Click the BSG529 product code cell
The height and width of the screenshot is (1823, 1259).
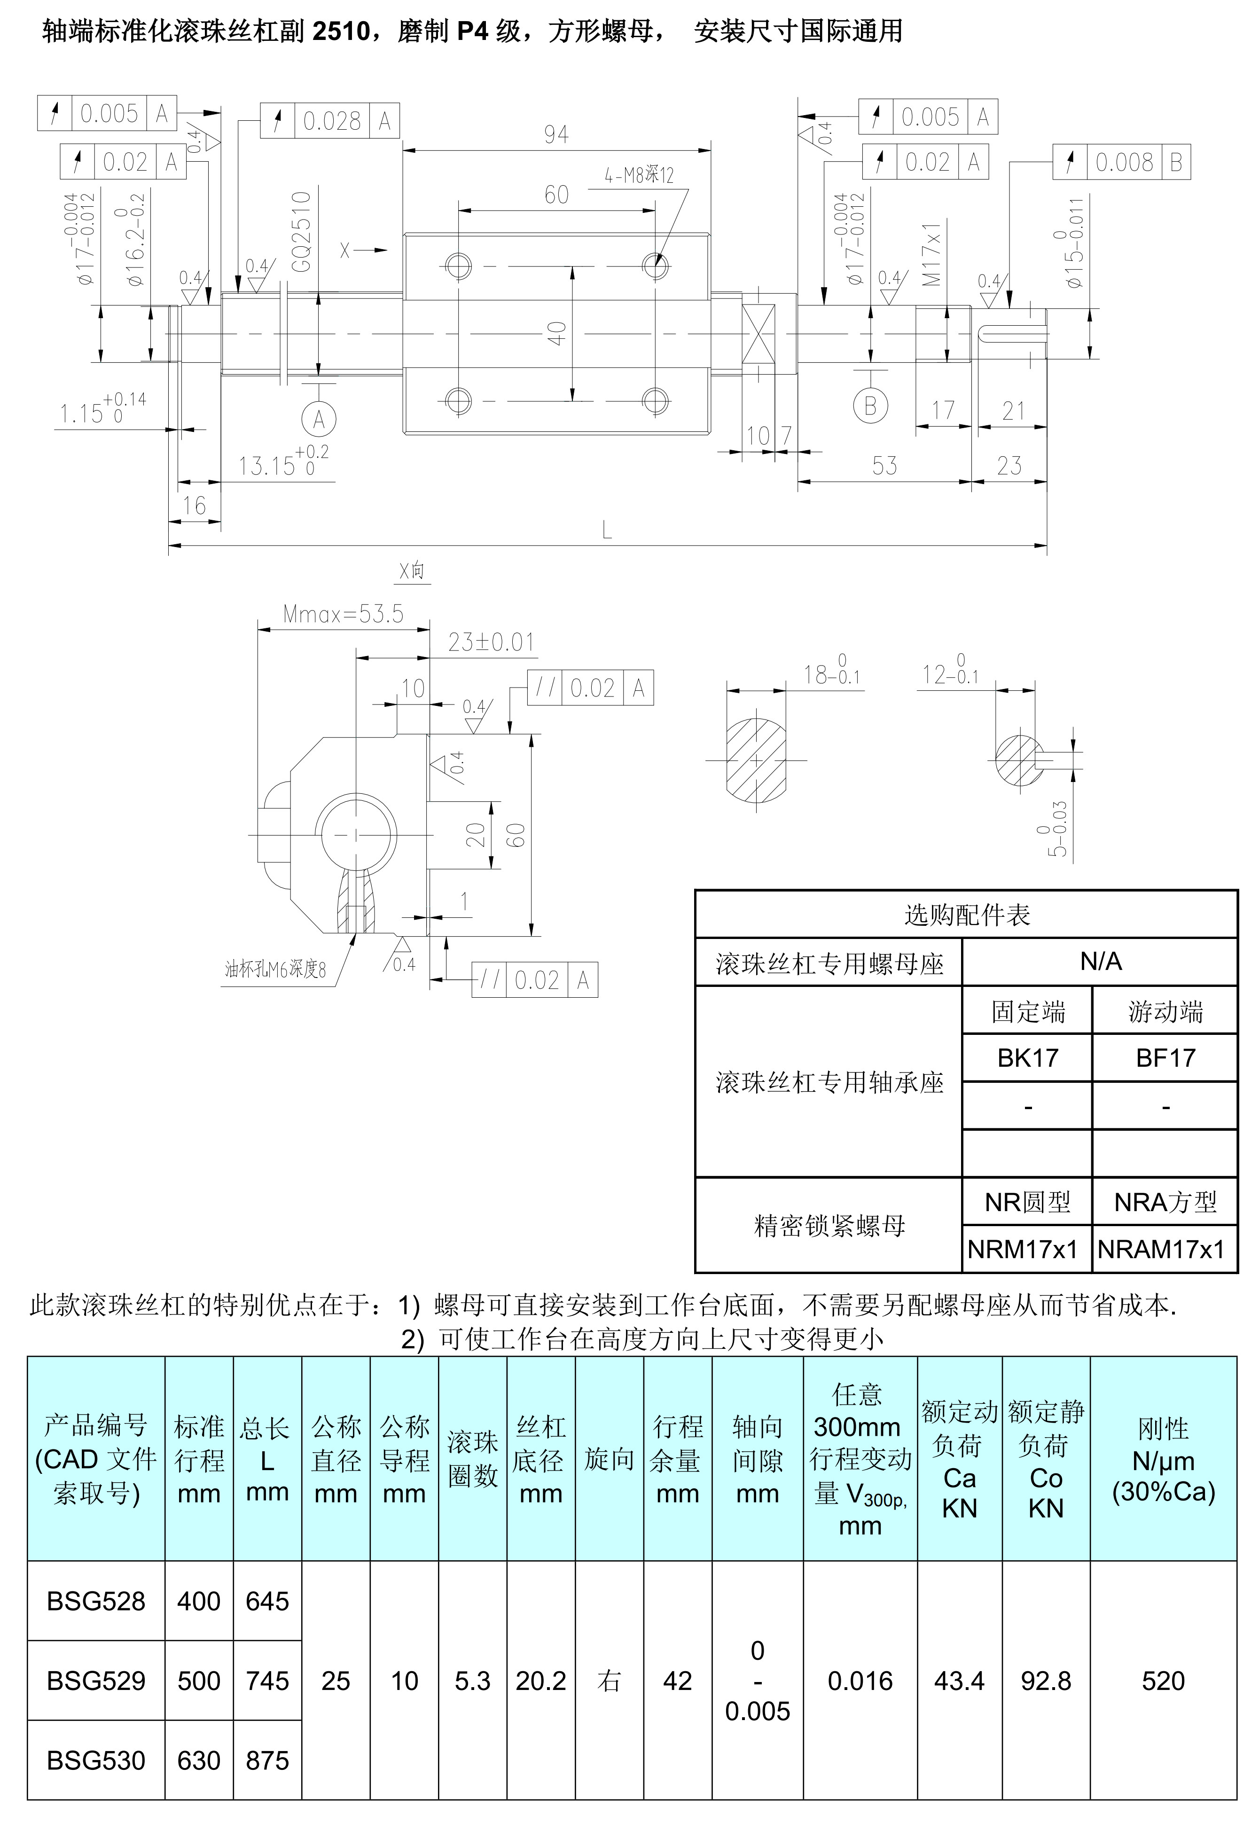coord(96,1681)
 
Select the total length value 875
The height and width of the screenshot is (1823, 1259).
coord(267,1760)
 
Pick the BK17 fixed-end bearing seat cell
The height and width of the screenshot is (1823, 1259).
coord(1027,1058)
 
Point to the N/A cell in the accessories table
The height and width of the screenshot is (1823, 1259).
coord(1101,962)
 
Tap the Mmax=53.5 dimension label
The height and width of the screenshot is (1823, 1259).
coord(343,614)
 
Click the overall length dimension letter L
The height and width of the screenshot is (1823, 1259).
coord(607,530)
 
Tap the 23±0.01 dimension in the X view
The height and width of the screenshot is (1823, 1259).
coord(491,642)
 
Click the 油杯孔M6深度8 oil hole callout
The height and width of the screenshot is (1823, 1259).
coord(275,970)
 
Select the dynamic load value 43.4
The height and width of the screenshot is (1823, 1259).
coord(959,1681)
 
